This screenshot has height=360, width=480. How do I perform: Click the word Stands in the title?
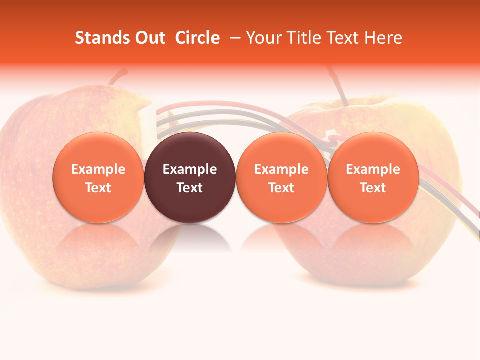[x=99, y=38]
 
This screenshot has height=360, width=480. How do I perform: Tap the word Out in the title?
[x=149, y=38]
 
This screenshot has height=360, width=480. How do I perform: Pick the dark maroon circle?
[x=190, y=178]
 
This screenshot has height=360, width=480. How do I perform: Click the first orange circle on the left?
[x=98, y=178]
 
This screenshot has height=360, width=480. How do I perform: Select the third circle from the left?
[x=281, y=178]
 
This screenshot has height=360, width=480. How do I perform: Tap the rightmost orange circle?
[x=373, y=178]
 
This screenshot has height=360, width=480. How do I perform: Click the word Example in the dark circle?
[x=190, y=169]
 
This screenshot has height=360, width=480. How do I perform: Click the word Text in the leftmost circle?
[x=98, y=188]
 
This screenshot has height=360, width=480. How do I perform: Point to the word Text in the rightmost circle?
[x=373, y=188]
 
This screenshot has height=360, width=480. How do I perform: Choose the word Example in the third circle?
[x=281, y=169]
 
